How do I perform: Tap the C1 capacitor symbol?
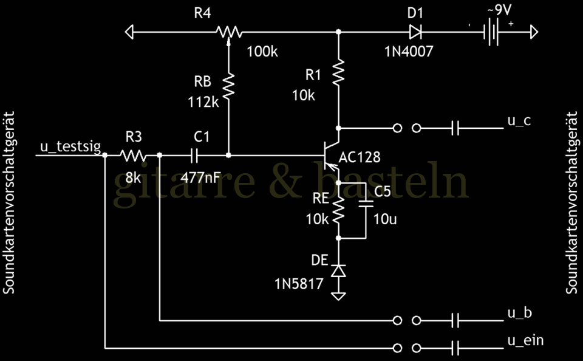coord(194,155)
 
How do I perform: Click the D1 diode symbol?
coord(416,31)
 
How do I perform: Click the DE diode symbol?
coord(339,270)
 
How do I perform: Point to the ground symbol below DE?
coord(339,295)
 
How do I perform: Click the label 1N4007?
coord(409,52)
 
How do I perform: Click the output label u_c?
coord(519,120)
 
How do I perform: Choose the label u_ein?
coord(525,341)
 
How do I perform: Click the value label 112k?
coord(202,102)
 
